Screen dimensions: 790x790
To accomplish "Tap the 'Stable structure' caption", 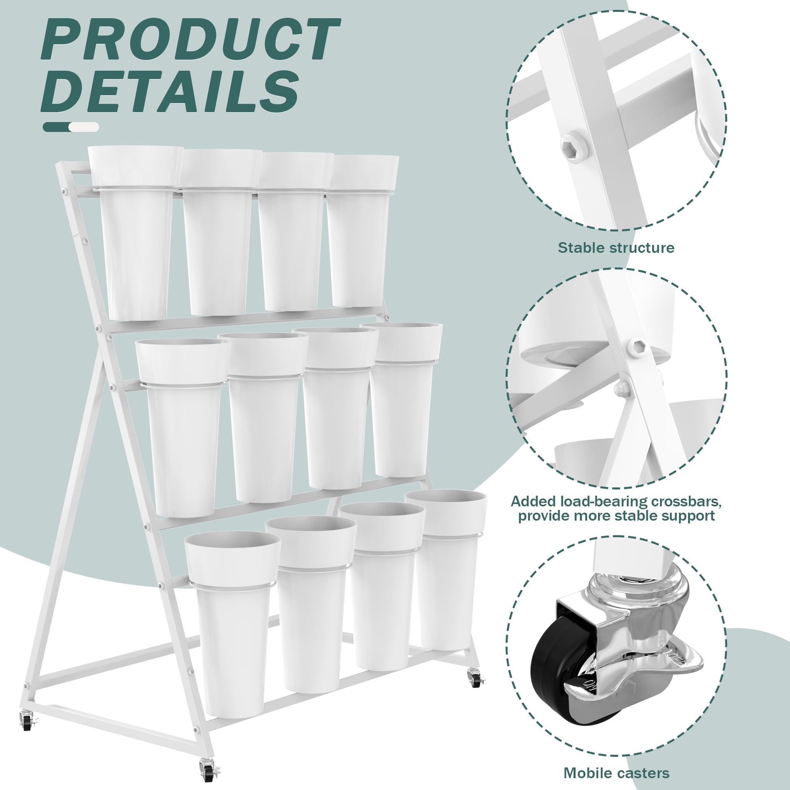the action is point(616,248).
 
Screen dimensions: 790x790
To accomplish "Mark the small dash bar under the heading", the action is point(71,127).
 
